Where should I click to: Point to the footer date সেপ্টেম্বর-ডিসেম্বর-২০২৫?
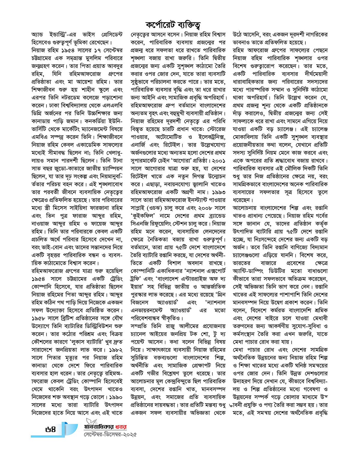point(110,434)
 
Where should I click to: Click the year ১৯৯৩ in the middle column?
point(219,192)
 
